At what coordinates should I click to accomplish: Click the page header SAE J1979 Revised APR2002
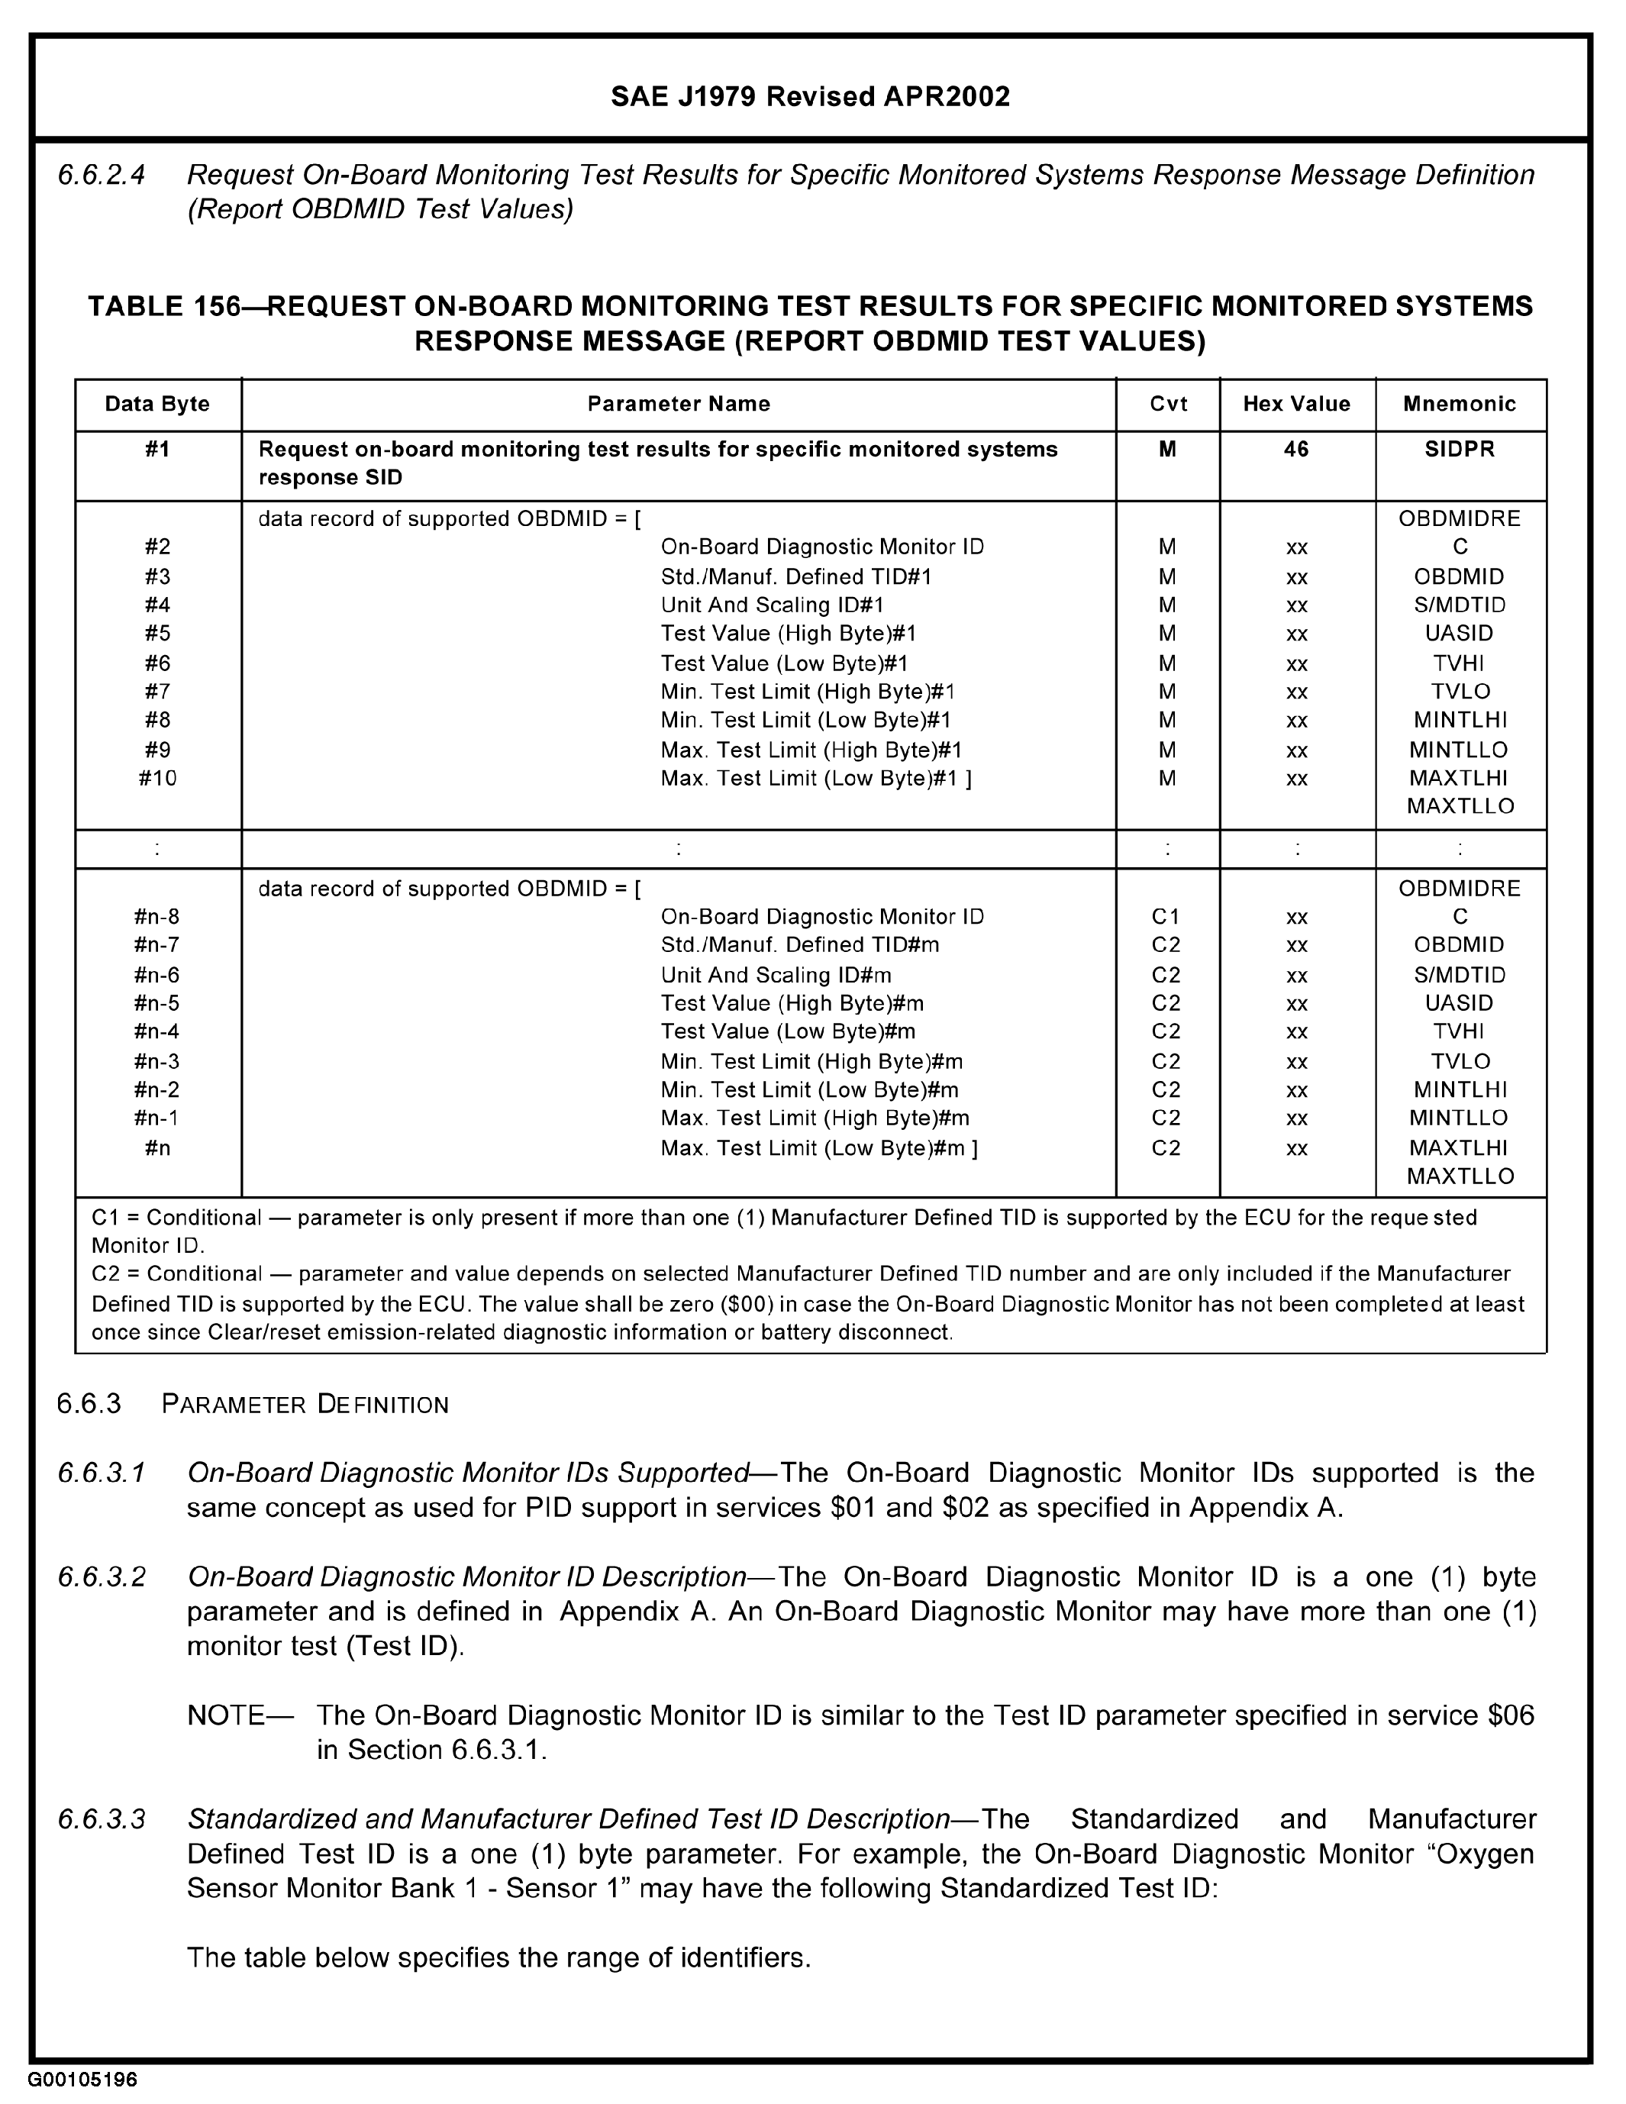810,97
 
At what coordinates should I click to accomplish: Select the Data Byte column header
157,404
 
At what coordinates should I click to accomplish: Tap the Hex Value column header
1295,404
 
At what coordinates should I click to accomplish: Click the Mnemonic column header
1460,404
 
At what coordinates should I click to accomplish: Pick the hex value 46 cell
1295,449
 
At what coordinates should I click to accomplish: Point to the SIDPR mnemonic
1460,449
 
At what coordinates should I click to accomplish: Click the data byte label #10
157,779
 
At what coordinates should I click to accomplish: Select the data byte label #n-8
157,916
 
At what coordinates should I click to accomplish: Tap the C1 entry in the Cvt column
1166,916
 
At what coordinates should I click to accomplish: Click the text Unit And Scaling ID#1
772,605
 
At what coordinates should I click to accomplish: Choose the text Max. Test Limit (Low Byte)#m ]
819,1148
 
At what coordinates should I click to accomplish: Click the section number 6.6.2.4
101,176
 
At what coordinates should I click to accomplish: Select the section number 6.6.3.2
101,1577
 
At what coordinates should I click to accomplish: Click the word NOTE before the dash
225,1715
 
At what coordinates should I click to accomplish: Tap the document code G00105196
83,2080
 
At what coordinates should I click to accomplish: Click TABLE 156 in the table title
164,306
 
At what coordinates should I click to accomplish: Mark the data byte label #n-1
157,1118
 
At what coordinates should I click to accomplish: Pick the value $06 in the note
1511,1715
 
